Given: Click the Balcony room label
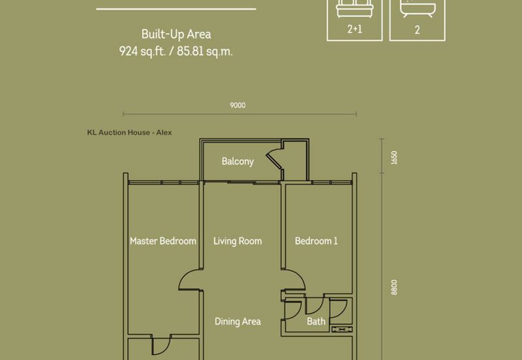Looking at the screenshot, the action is tap(238, 161).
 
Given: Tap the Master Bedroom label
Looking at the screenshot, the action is tap(163, 241).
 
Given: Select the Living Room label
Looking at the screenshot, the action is tap(238, 241).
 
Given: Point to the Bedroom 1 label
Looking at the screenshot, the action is tap(316, 241).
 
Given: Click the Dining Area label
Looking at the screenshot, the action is tap(238, 322).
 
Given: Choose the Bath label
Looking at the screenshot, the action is tap(316, 322).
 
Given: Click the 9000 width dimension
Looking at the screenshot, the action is tap(238, 106).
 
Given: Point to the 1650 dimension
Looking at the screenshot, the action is tap(394, 158).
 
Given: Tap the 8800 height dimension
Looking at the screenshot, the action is tap(394, 287).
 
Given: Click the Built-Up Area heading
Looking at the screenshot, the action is tap(176, 35).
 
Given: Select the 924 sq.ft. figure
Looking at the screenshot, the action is tap(142, 52).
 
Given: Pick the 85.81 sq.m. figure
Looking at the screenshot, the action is tap(205, 52).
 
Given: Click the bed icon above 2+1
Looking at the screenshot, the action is tap(354, 8).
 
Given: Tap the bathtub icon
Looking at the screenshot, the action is tap(418, 9).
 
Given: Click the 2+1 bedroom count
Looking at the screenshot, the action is tap(354, 29).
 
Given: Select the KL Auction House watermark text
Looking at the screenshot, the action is tap(129, 132).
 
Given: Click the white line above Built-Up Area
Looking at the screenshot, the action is tap(176, 9).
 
